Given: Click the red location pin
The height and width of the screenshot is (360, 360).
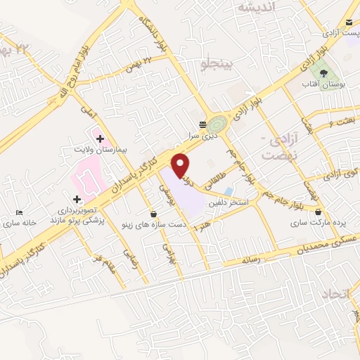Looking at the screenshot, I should click(x=181, y=164).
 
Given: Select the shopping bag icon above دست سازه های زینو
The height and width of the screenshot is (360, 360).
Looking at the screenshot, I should click(x=153, y=213).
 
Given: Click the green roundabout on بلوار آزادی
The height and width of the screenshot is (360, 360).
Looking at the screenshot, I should click(x=219, y=124).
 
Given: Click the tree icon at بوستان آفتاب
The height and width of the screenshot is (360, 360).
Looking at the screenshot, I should click(x=323, y=72).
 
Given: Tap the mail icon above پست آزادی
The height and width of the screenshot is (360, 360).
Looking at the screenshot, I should click(x=350, y=22).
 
